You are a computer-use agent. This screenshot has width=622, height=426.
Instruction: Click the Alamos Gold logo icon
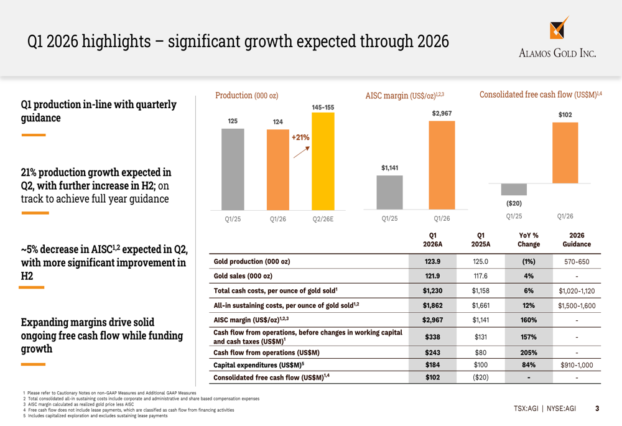coord(558,29)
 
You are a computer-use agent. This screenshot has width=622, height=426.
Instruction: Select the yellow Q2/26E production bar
coord(323,161)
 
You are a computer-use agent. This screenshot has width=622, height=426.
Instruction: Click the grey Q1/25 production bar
coord(233,169)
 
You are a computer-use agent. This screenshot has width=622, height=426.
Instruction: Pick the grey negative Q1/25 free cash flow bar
coord(514,190)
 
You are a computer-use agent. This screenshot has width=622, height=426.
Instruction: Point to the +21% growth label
coord(300,137)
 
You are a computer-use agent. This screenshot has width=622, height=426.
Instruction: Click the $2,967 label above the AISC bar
coord(442,113)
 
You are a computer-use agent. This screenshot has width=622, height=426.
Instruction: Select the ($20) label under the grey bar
coord(514,203)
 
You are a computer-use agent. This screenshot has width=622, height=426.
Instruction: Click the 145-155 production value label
coord(323,107)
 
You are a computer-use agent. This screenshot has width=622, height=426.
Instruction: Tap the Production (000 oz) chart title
coord(246,95)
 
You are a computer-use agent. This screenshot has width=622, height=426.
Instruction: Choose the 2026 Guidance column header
coord(577,239)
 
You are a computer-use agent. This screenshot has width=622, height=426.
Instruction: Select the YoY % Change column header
coord(528,239)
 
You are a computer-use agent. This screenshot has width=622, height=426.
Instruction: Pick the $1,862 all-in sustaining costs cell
coord(432,305)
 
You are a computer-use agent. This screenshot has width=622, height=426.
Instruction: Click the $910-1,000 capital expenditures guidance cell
coord(577,365)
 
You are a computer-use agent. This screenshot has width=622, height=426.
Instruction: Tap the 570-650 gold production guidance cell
coord(577,262)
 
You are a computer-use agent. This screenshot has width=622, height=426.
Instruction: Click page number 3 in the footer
coord(597,409)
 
